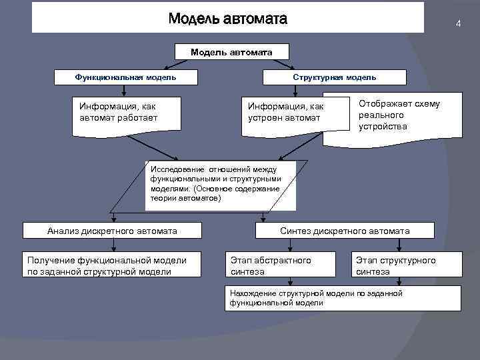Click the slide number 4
click(458, 24)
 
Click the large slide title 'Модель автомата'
click(227, 18)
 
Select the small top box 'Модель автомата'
click(231, 51)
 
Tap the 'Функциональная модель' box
click(126, 77)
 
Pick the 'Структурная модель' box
click(335, 77)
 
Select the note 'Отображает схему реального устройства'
click(399, 115)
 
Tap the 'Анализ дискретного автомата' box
click(112, 231)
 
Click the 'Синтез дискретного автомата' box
click(345, 231)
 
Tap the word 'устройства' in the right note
click(383, 126)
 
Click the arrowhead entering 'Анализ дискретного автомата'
click(114, 219)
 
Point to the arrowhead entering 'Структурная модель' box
click(295, 67)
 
